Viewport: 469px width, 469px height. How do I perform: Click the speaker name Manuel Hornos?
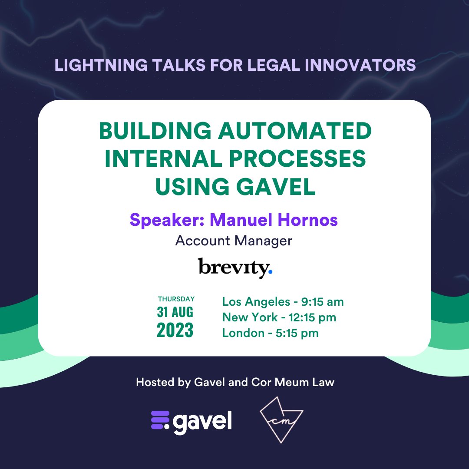point(274,220)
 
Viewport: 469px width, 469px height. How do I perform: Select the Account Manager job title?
point(234,241)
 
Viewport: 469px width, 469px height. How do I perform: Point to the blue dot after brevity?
point(270,272)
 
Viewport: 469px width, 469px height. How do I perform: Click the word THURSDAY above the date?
point(176,299)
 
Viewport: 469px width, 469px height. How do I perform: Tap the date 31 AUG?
point(175,312)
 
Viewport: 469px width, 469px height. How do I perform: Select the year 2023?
point(175,330)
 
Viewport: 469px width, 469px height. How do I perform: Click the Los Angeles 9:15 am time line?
point(283,301)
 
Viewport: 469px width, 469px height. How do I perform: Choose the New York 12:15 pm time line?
point(279,317)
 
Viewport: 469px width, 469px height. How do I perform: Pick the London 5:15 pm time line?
point(270,333)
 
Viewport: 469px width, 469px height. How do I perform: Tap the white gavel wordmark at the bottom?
point(203,420)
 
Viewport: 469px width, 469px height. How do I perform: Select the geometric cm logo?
point(281,419)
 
